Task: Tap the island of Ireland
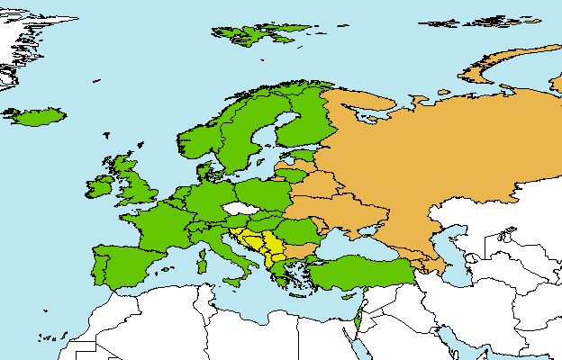[x=101, y=187]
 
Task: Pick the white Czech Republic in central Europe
[x=240, y=209]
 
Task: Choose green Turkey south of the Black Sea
[x=360, y=269]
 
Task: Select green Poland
[x=261, y=194]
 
